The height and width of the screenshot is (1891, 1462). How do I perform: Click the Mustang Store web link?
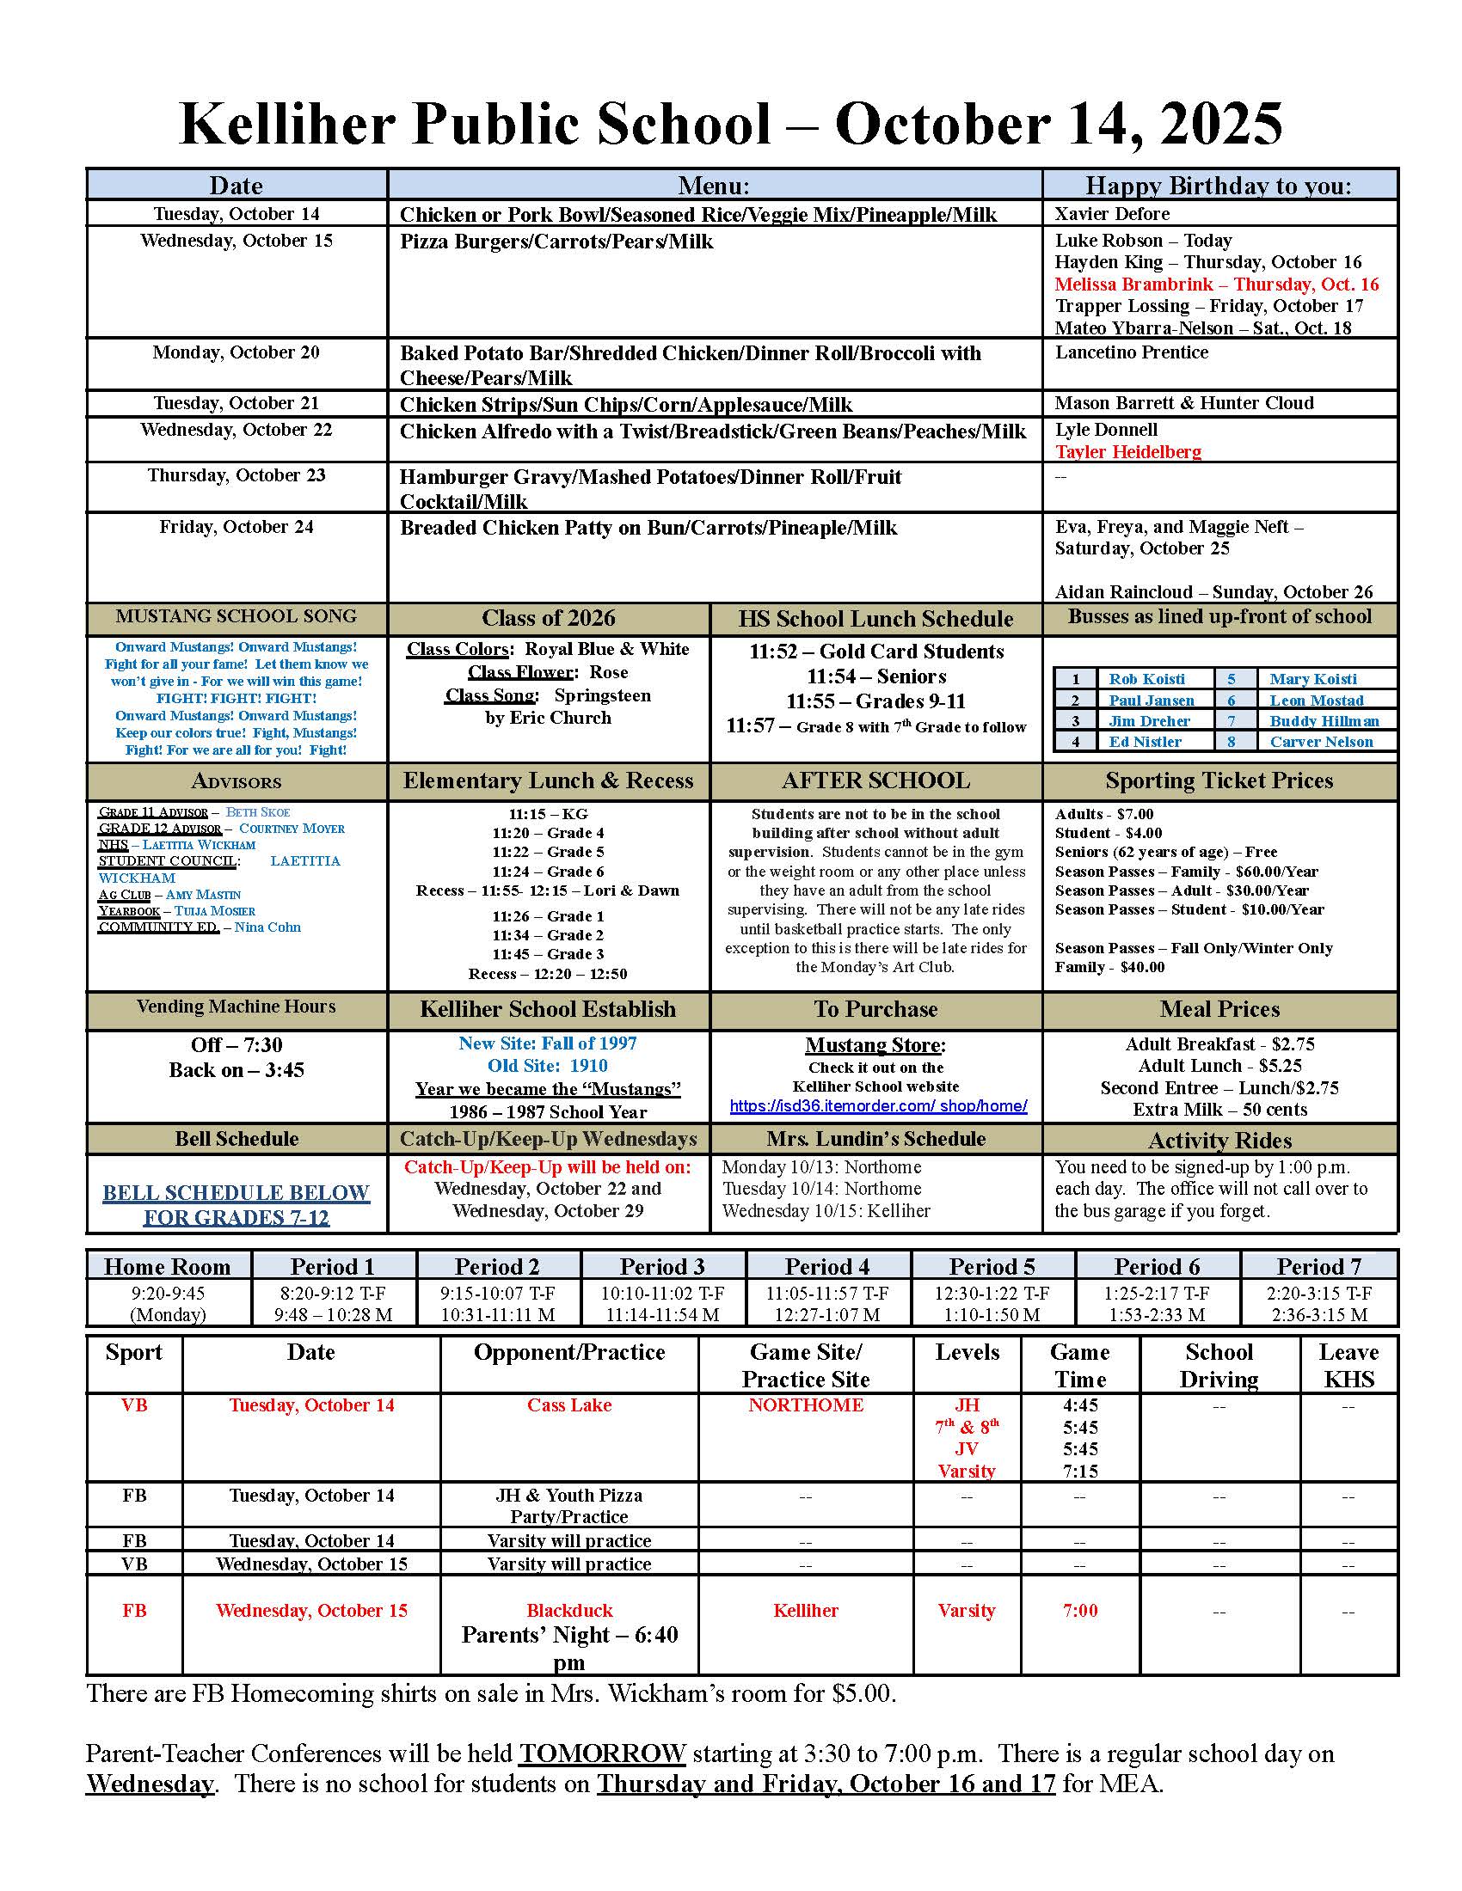(x=877, y=1106)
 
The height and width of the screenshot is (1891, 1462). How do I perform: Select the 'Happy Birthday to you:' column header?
(x=1219, y=186)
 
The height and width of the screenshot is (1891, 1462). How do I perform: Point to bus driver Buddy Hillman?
(x=1324, y=721)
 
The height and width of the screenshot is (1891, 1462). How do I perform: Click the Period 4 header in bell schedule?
(x=826, y=1267)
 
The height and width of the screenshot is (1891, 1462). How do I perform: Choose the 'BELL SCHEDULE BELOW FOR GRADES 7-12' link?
(x=236, y=1205)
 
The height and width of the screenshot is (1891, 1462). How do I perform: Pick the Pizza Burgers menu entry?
(x=556, y=242)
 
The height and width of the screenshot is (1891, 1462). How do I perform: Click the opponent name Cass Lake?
(x=569, y=1405)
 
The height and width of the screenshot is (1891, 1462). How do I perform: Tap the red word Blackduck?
(x=569, y=1611)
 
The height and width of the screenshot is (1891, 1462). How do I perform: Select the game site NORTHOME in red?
(x=806, y=1405)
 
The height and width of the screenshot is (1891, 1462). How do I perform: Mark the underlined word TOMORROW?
(x=602, y=1754)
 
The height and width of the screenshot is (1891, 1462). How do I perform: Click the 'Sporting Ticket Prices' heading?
(x=1219, y=781)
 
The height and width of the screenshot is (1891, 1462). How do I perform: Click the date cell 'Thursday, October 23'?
(x=236, y=475)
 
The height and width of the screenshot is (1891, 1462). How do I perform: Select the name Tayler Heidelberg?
(x=1127, y=452)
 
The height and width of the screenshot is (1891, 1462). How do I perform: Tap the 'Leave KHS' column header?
(x=1348, y=1366)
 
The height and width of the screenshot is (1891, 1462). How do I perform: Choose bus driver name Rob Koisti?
(x=1146, y=680)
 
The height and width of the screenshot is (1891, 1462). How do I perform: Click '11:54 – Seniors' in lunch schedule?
(x=875, y=677)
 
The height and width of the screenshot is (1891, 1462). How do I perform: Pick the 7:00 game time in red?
(x=1079, y=1611)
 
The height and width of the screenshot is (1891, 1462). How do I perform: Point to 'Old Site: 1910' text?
(x=547, y=1066)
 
